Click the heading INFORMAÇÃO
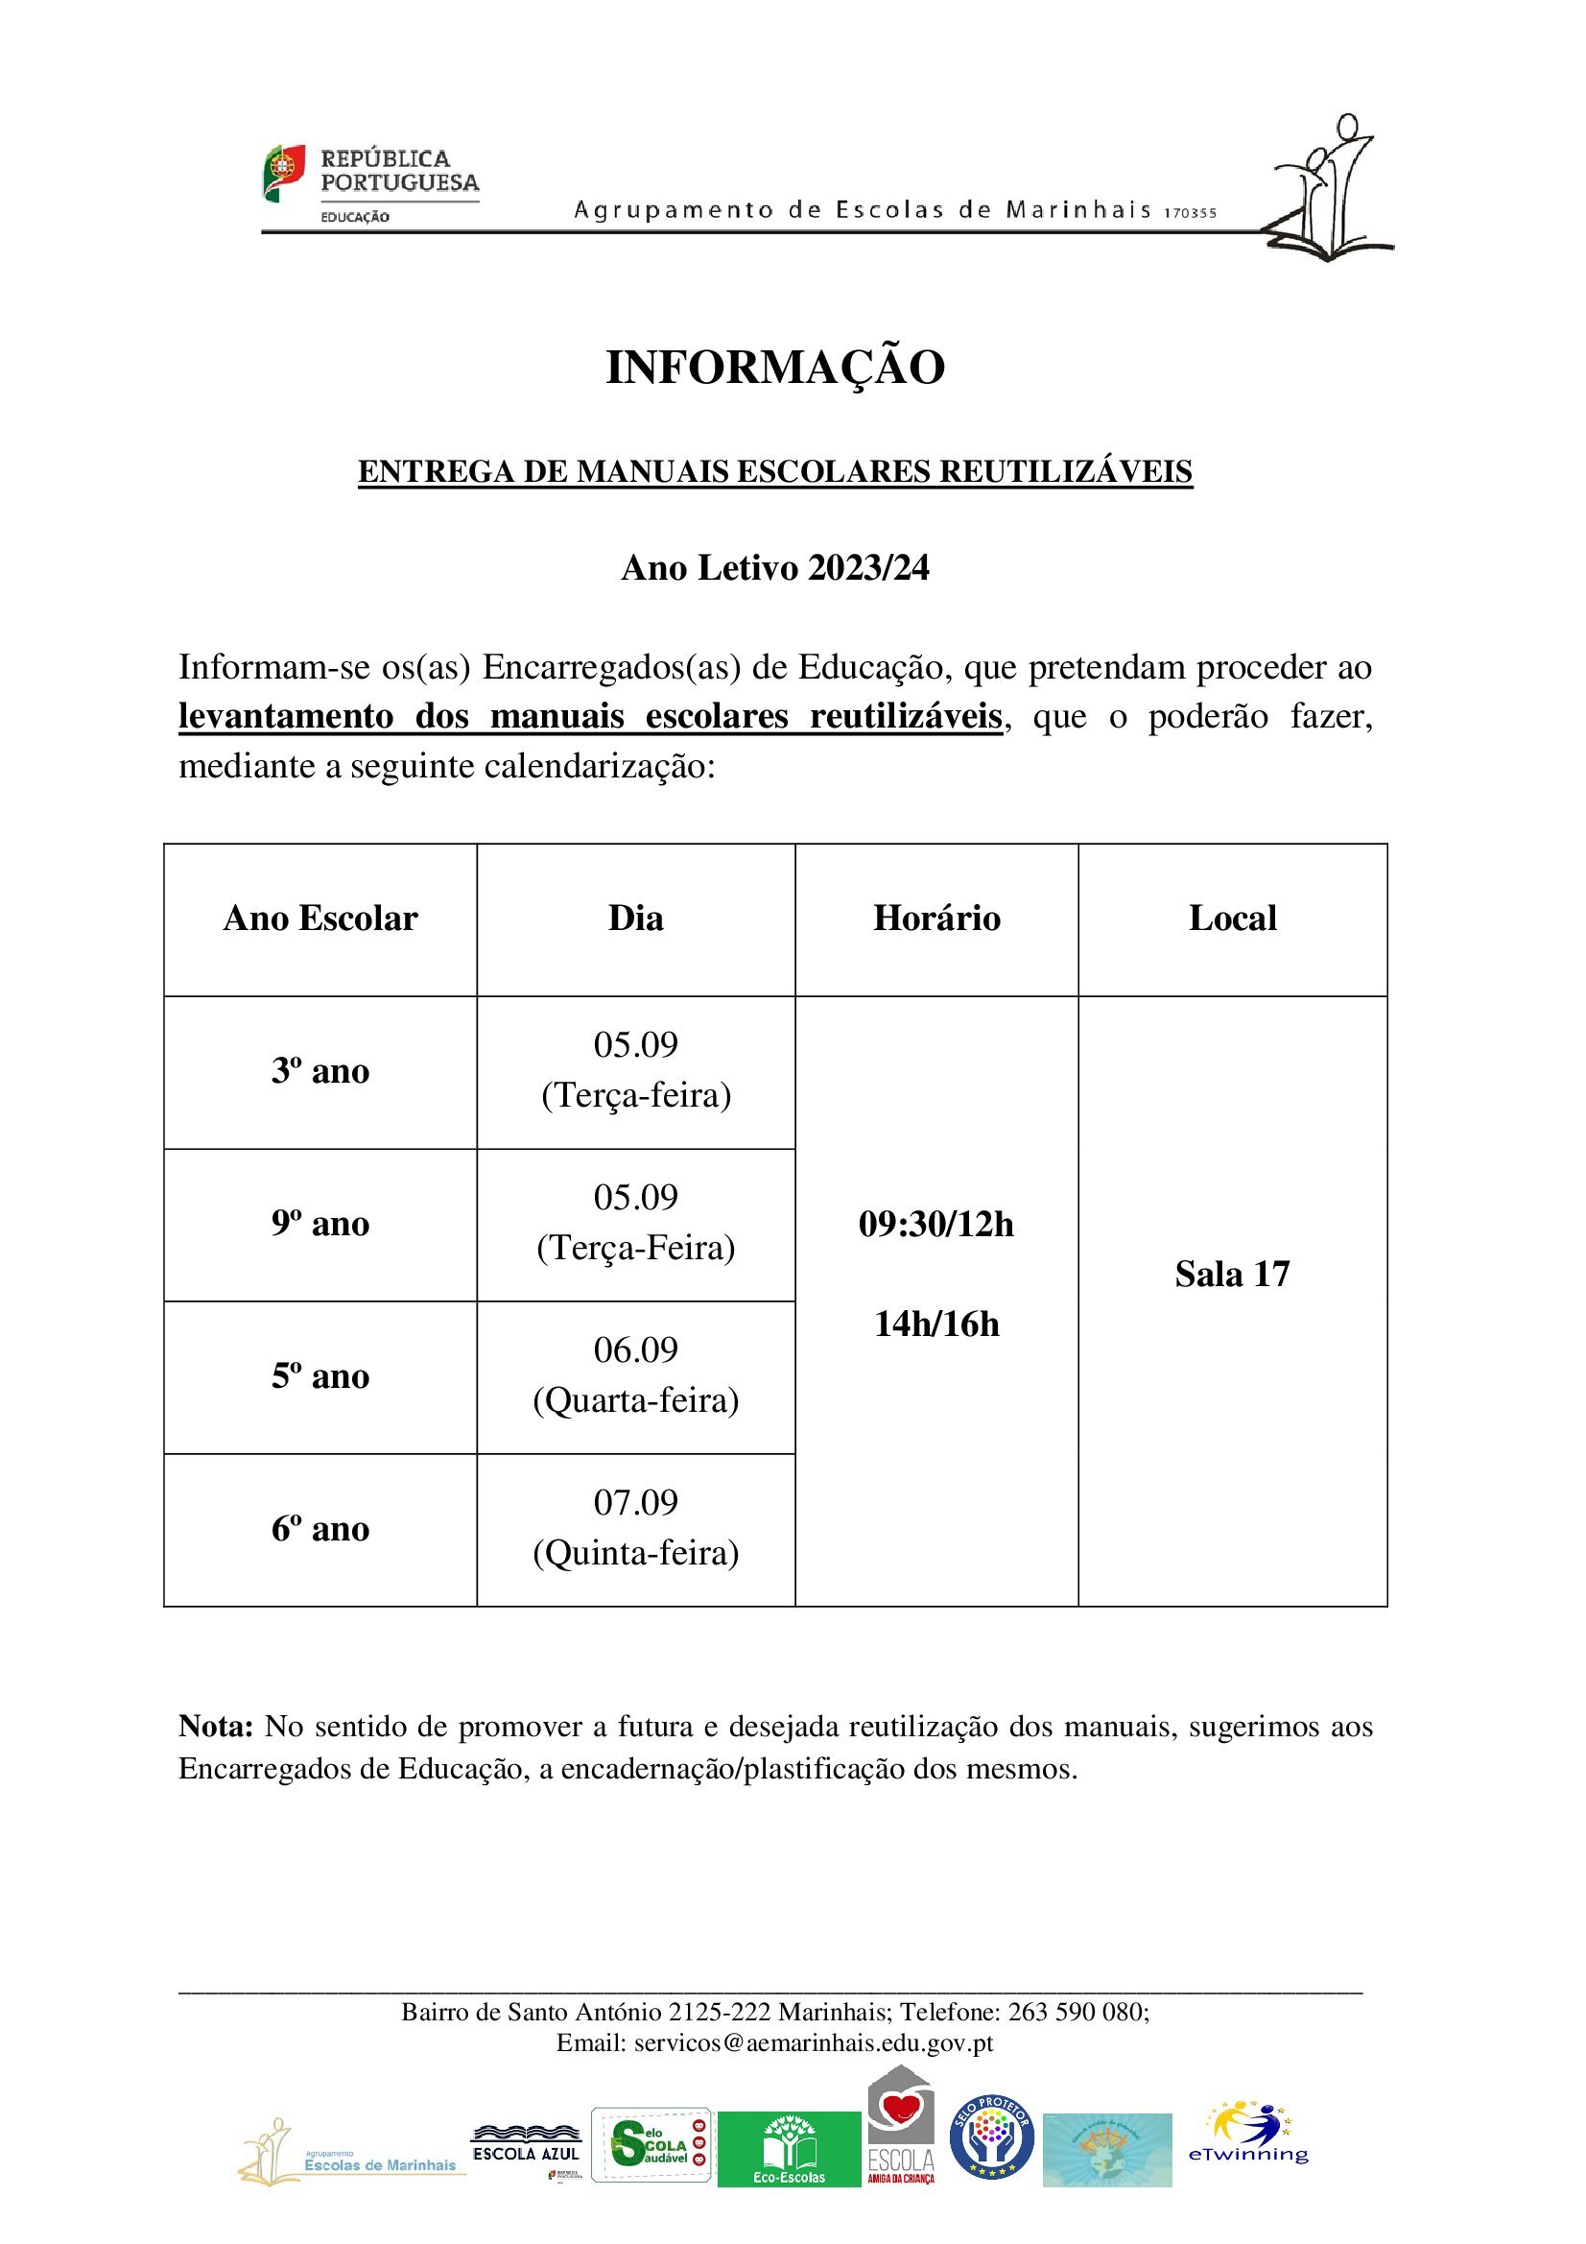pos(775,368)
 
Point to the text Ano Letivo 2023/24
pos(775,568)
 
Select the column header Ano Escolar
pos(320,919)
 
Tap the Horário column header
pos(936,919)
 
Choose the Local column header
pos(1232,919)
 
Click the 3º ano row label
pos(320,1071)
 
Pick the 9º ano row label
pos(320,1224)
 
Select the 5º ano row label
pos(320,1376)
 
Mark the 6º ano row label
pos(320,1529)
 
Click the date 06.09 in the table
pos(636,1349)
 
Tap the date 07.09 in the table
pos(636,1502)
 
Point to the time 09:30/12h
pos(936,1224)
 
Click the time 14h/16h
pos(936,1325)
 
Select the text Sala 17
pos(1232,1275)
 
